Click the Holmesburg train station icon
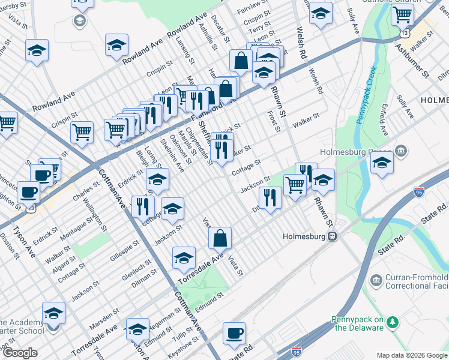[331, 236]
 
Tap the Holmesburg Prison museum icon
[402, 150]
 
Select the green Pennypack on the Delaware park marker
[393, 323]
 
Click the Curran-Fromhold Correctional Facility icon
[376, 281]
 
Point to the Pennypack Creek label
[366, 95]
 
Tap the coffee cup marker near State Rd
[235, 334]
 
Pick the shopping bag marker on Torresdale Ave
[221, 238]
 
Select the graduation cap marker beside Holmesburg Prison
[382, 163]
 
